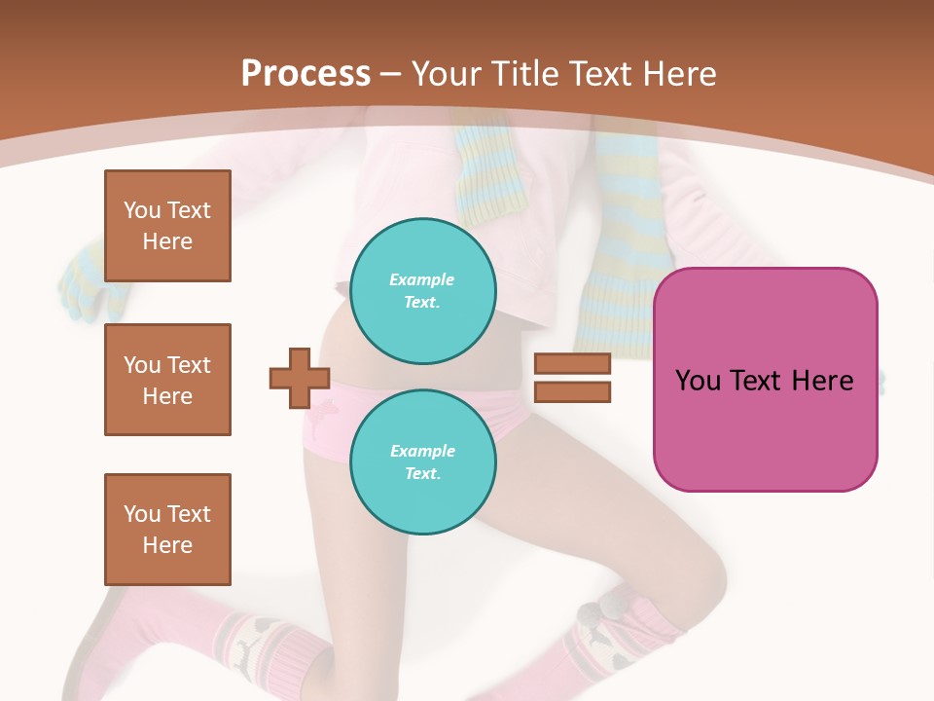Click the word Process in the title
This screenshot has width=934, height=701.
coord(305,74)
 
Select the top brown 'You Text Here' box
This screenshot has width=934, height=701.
coord(167,226)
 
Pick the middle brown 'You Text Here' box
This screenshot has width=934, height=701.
coord(167,380)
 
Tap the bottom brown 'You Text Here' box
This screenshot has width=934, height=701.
coord(167,530)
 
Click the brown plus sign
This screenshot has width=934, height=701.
coord(300,378)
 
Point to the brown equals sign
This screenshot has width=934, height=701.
coord(572,378)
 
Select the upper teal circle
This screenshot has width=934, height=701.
coord(423,290)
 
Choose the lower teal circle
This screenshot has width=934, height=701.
coord(423,461)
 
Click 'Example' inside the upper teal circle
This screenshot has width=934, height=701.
coord(422,279)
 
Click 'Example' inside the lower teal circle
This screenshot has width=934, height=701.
coord(422,451)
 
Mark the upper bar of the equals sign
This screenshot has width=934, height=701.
coord(572,364)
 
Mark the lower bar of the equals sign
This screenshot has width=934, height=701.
coord(572,391)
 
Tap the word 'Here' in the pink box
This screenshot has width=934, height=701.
coord(822,381)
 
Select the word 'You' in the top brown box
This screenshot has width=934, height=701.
coord(141,210)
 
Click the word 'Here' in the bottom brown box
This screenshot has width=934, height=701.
coord(167,545)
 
